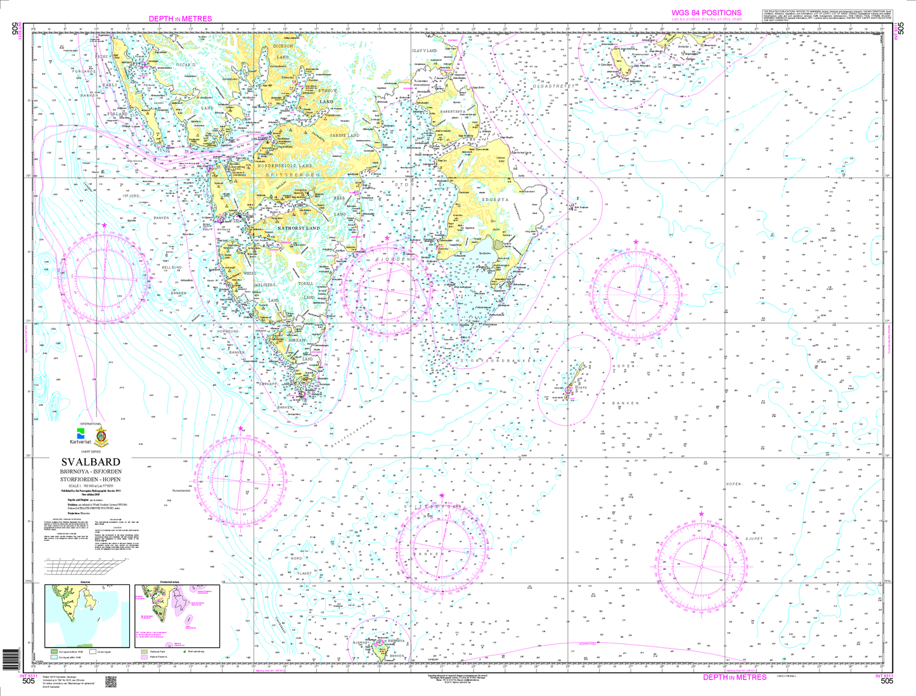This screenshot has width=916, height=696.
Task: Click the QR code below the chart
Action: (110, 681)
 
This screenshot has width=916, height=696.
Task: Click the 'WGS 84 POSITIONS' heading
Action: (706, 13)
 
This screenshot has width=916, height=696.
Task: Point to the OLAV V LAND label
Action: (425, 50)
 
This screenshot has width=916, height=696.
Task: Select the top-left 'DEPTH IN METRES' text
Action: (180, 18)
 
